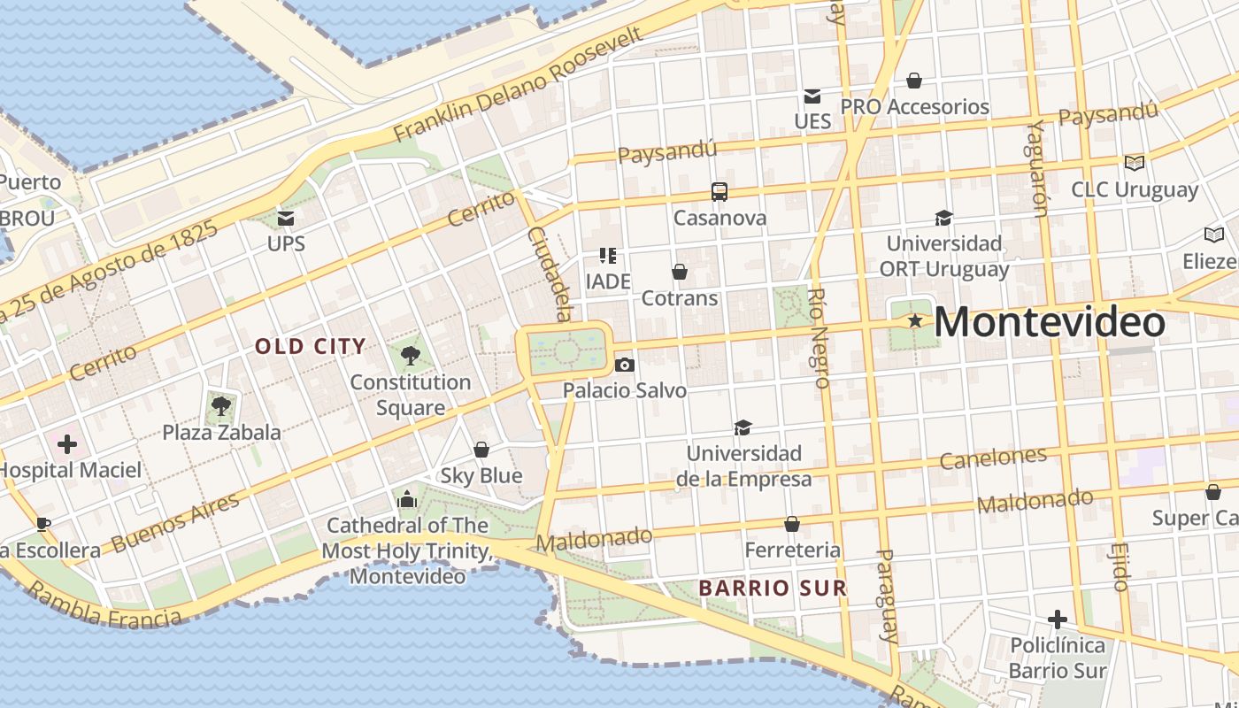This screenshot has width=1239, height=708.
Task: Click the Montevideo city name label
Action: pyautogui.click(x=1050, y=322)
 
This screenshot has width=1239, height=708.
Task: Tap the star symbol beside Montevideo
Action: pyautogui.click(x=915, y=321)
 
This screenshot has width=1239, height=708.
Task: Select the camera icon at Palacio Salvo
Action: pyautogui.click(x=624, y=365)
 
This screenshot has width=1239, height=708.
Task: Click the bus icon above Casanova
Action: pyautogui.click(x=720, y=192)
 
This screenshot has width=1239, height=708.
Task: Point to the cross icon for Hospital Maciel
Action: pyautogui.click(x=67, y=444)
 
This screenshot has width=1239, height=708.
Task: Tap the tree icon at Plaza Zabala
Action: pyautogui.click(x=220, y=407)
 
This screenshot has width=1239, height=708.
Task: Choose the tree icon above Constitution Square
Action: pyautogui.click(x=410, y=356)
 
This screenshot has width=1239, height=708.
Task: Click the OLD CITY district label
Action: pyautogui.click(x=310, y=346)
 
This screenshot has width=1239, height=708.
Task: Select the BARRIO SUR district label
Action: pyautogui.click(x=772, y=588)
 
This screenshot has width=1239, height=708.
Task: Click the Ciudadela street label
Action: pyautogui.click(x=550, y=273)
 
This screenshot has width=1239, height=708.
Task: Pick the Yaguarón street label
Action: pyautogui.click(x=1037, y=168)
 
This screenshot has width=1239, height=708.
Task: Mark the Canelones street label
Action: pyautogui.click(x=992, y=458)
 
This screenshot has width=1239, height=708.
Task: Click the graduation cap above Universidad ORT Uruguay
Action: pyautogui.click(x=943, y=218)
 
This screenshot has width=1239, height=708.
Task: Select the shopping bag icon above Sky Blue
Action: pyautogui.click(x=481, y=450)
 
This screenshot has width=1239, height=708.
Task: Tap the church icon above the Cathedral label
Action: pyautogui.click(x=407, y=500)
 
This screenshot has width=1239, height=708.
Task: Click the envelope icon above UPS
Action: pyautogui.click(x=285, y=218)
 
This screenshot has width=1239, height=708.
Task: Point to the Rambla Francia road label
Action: pyautogui.click(x=104, y=606)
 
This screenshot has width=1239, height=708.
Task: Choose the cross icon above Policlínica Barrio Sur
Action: pyautogui.click(x=1057, y=619)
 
